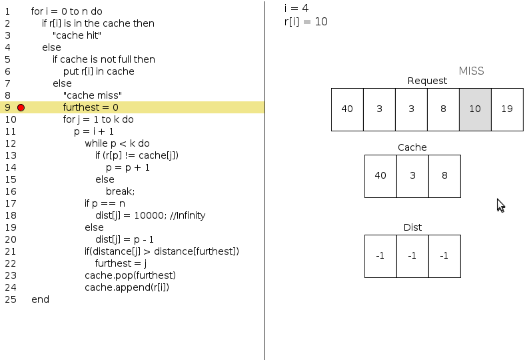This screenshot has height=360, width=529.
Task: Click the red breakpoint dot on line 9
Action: tap(21, 107)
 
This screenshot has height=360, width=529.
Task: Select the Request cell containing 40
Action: tap(347, 109)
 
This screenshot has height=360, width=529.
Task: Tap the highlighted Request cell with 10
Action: tap(475, 109)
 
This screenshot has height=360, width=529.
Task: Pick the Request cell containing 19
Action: tap(507, 109)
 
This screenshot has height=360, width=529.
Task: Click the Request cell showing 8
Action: tap(443, 109)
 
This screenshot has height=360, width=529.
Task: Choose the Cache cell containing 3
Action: tap(412, 176)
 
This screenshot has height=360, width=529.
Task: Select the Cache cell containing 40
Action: tap(380, 176)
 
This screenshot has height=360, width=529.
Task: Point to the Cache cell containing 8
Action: tap(444, 176)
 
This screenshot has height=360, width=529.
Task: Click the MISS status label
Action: tap(471, 71)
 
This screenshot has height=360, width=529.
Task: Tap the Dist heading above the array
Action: tap(412, 227)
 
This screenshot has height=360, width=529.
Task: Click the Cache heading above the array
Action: tap(412, 147)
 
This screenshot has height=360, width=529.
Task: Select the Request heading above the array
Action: tap(427, 81)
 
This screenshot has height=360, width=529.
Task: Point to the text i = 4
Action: tap(296, 8)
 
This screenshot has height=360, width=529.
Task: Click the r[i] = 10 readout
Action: tap(306, 21)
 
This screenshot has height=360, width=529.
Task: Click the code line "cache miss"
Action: tap(93, 95)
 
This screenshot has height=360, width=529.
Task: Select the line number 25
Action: tap(10, 299)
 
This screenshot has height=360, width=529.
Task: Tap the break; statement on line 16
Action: tap(120, 191)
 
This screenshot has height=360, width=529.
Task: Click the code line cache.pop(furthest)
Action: tap(130, 275)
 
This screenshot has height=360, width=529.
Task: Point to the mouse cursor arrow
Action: tap(500, 205)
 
